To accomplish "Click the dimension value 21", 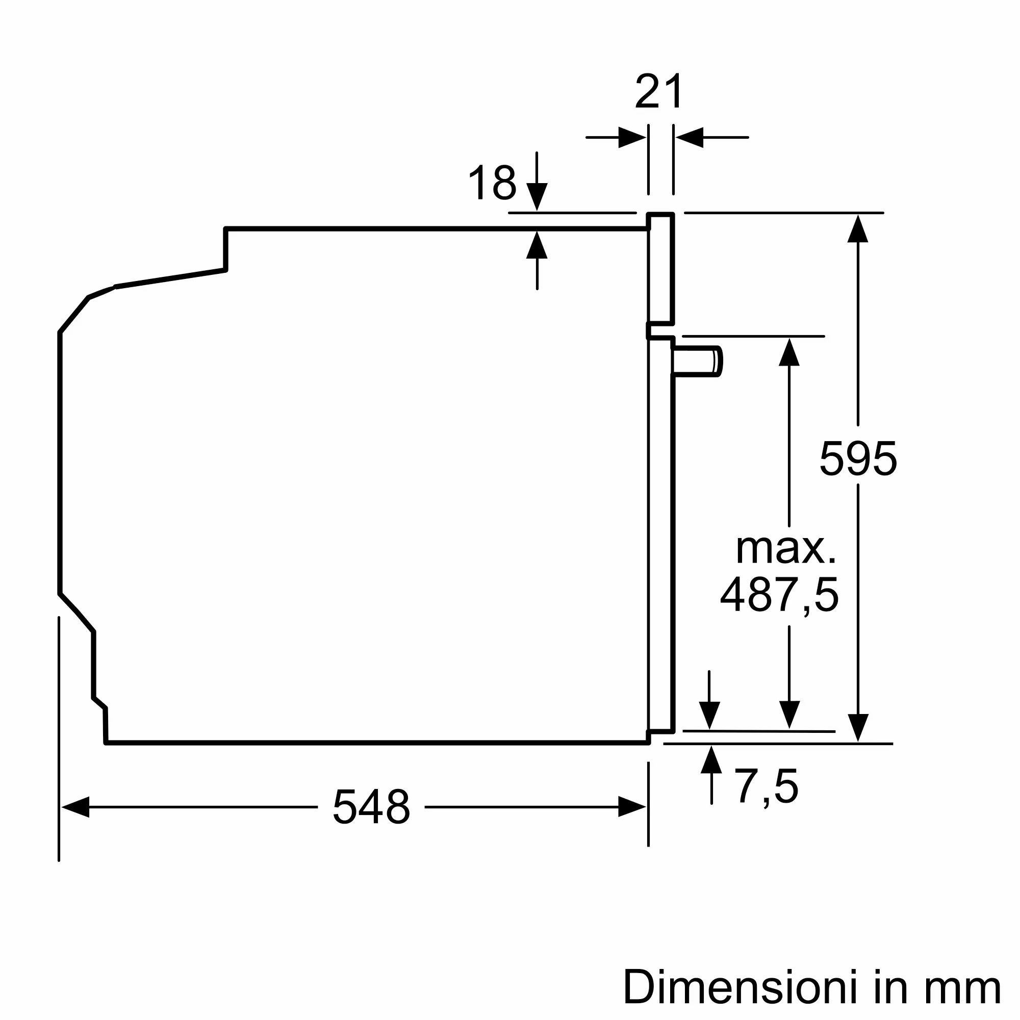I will [x=658, y=92].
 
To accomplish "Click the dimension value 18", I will [x=492, y=183].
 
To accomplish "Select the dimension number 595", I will [x=857, y=458].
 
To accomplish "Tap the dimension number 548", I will [x=371, y=807].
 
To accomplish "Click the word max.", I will [x=785, y=549].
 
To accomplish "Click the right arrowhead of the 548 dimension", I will [x=632, y=807].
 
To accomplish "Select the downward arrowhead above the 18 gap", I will [x=537, y=197].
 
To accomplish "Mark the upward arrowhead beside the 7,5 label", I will [x=711, y=760].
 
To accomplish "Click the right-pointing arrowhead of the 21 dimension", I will [x=632, y=137].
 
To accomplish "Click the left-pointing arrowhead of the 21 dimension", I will [x=690, y=137].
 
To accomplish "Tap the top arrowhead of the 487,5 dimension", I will [x=789, y=351].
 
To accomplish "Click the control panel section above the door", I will [x=661, y=268].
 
